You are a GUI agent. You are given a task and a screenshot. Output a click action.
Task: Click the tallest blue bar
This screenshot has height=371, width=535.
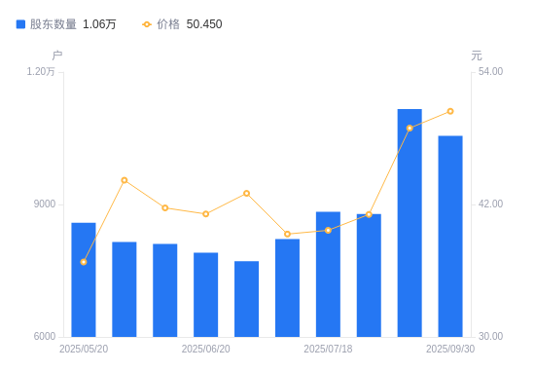[410, 223]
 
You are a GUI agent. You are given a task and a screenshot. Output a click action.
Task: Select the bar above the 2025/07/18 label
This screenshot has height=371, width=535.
[328, 274]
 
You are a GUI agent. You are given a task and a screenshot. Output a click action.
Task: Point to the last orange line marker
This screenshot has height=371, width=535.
[450, 111]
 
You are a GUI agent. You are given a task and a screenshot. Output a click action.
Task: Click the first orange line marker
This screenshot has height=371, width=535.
[84, 262]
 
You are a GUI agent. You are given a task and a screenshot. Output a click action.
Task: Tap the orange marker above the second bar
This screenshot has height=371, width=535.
[125, 180]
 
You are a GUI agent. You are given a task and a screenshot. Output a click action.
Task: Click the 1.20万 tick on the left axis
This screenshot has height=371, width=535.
[41, 72]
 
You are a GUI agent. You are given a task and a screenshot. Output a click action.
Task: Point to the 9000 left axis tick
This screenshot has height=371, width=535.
[45, 204]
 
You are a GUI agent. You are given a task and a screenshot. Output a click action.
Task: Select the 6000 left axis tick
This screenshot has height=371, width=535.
[45, 337]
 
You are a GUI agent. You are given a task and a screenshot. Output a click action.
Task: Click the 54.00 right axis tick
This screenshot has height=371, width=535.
[491, 72]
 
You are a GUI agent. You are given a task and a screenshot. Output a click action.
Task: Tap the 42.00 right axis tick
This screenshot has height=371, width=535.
[491, 204]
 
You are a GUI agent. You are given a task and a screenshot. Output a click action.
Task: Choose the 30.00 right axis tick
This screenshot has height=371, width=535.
[491, 337]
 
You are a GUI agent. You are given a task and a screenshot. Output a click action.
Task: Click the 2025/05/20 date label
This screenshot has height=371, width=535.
[84, 349]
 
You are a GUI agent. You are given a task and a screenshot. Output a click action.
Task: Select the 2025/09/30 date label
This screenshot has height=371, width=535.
[450, 349]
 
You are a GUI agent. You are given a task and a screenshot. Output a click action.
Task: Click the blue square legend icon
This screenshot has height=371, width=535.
[21, 24]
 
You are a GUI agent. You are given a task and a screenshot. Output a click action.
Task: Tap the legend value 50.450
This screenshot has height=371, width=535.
[204, 24]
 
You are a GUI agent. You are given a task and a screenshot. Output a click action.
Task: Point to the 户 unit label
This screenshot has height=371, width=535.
[56, 56]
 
